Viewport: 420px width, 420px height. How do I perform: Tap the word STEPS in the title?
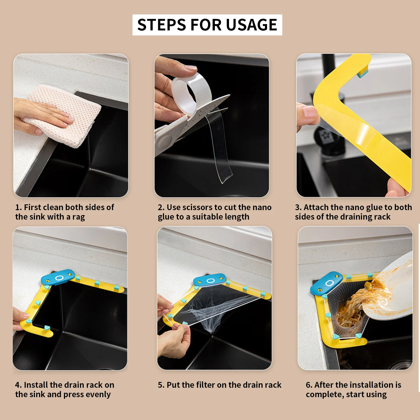tap(162, 25)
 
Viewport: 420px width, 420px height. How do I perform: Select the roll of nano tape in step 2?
tap(192, 93)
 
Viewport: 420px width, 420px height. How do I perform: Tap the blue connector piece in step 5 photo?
tap(210, 280)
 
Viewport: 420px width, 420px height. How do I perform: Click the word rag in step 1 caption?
tap(79, 217)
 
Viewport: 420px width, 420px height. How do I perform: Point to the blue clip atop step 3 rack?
tap(362, 73)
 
